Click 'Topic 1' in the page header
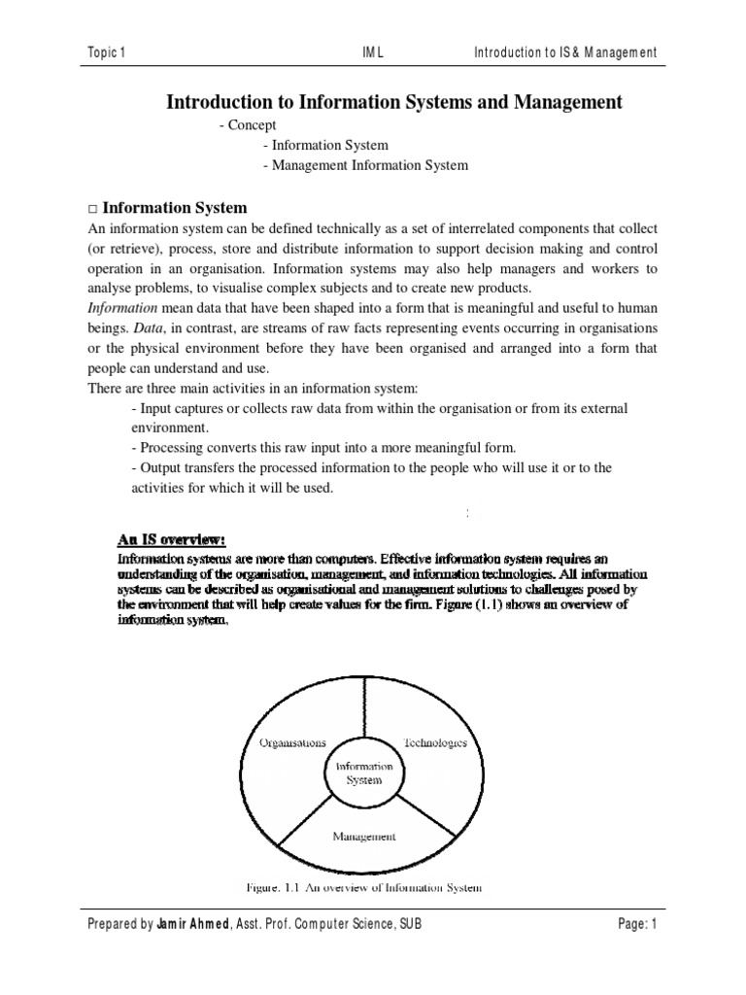[107, 51]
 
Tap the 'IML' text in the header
[372, 51]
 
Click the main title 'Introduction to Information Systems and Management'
[394, 102]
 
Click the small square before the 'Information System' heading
[92, 209]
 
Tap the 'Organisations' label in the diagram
[292, 742]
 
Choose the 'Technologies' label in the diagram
[434, 742]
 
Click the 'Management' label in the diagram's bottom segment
[364, 835]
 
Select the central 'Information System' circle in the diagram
[364, 772]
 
